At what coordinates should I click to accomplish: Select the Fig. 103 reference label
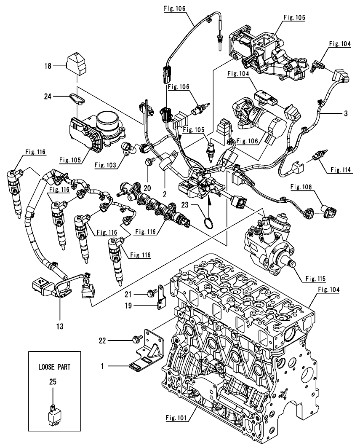105,165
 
